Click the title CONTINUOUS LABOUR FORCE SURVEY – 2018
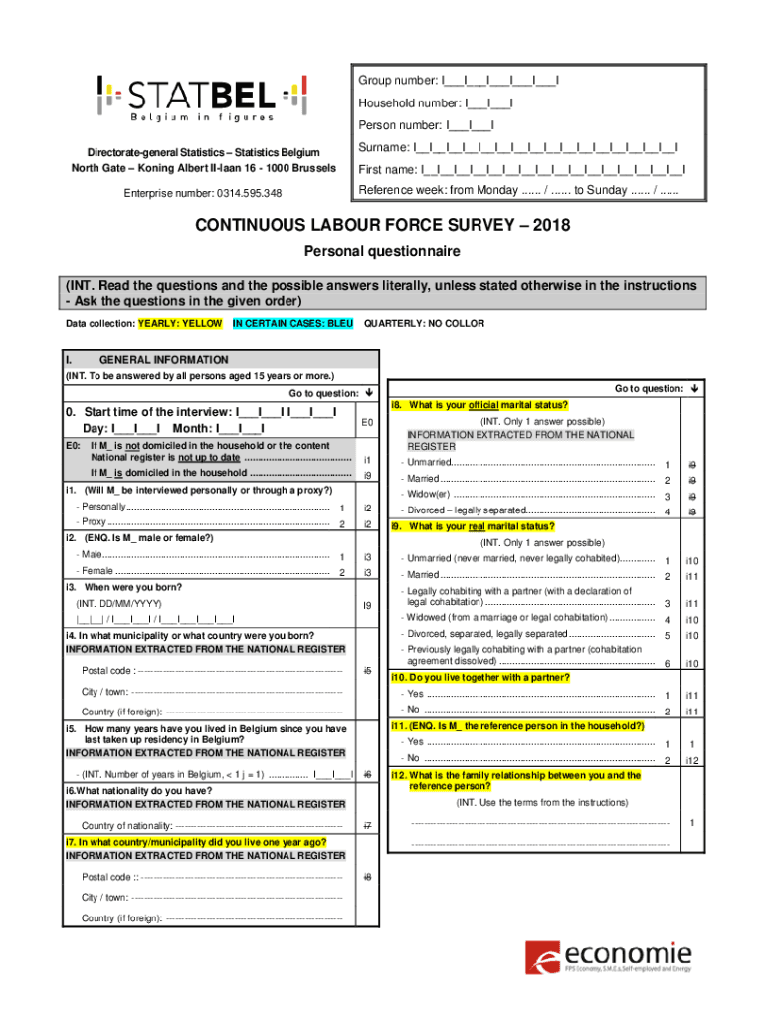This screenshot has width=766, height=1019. pyautogui.click(x=382, y=225)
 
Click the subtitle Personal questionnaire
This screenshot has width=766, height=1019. pyautogui.click(x=382, y=251)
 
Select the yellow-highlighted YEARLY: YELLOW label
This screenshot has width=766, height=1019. pyautogui.click(x=180, y=324)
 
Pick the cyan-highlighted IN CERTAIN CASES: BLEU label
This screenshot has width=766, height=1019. pyautogui.click(x=292, y=324)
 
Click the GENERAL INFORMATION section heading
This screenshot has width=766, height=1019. pyautogui.click(x=163, y=360)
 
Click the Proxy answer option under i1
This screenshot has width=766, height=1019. pyautogui.click(x=94, y=523)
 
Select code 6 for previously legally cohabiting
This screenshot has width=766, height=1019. pyautogui.click(x=666, y=663)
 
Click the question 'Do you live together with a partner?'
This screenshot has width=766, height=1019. pyautogui.click(x=481, y=678)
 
